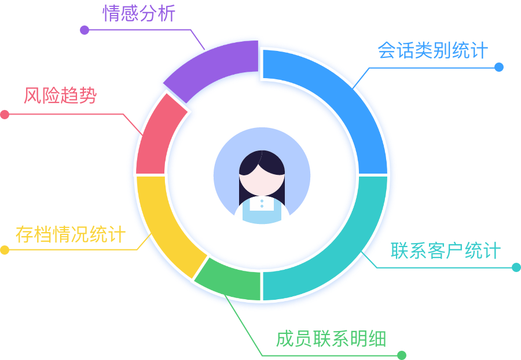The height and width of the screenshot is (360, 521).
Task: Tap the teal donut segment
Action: (x=336, y=243)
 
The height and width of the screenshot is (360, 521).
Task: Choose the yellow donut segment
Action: (x=165, y=223)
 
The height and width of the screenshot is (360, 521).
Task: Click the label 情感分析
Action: (x=139, y=13)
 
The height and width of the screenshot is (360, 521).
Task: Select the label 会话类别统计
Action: (x=432, y=50)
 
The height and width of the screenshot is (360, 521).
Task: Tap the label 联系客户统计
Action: (x=445, y=251)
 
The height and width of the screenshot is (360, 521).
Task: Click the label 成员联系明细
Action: (x=331, y=339)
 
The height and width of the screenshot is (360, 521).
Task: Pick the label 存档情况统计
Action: (x=70, y=235)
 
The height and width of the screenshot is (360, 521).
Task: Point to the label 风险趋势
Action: (x=60, y=95)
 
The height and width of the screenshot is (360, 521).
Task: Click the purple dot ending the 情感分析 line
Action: (x=85, y=30)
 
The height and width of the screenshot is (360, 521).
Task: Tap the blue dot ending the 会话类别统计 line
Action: (x=499, y=67)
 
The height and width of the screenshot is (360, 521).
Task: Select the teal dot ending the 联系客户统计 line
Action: (x=516, y=267)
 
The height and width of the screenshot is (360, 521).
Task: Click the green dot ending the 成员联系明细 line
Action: (x=402, y=355)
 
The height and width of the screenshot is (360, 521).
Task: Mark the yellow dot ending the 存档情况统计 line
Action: (x=5, y=250)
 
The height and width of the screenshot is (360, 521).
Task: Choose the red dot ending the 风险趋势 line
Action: (x=5, y=115)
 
